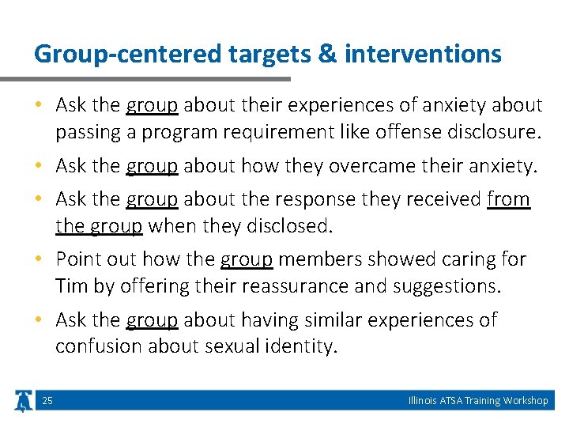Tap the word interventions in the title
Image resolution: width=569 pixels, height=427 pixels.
point(422,55)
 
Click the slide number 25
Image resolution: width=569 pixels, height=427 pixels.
point(47,401)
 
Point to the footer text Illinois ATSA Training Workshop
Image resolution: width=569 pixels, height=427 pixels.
point(478,401)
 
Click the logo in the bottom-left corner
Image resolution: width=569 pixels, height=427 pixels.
point(23,401)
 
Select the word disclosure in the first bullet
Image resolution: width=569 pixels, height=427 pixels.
point(495,132)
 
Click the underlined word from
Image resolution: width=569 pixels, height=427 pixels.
point(508,199)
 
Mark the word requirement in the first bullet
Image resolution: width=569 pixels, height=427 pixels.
point(267,132)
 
